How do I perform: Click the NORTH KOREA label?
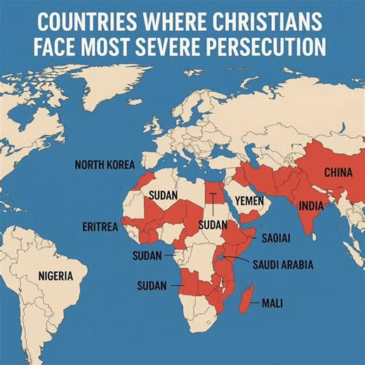[x=104, y=166]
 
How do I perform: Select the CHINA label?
[x=338, y=172]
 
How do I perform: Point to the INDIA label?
[x=311, y=206]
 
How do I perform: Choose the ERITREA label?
[x=100, y=227]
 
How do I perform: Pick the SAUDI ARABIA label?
[x=283, y=265]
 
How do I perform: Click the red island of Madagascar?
[x=245, y=300]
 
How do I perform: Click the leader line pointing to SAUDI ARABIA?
[x=237, y=263]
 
